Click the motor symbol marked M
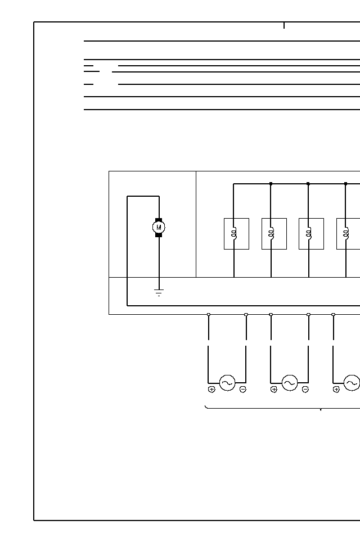point(159,227)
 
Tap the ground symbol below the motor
point(159,292)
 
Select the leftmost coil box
point(236,233)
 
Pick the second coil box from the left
point(274,233)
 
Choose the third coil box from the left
point(311,233)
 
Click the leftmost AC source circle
point(227,383)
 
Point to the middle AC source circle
point(290,383)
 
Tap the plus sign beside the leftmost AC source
point(211,389)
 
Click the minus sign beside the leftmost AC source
point(242,389)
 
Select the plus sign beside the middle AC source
point(274,389)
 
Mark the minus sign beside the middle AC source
point(305,389)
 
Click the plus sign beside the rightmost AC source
point(336,389)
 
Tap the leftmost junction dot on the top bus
point(271,184)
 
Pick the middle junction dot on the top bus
point(308,184)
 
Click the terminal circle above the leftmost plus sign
point(209,314)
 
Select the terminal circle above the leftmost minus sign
point(246,314)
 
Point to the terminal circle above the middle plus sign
point(271,314)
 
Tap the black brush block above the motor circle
point(159,219)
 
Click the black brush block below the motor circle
point(159,235)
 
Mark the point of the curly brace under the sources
point(321,410)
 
